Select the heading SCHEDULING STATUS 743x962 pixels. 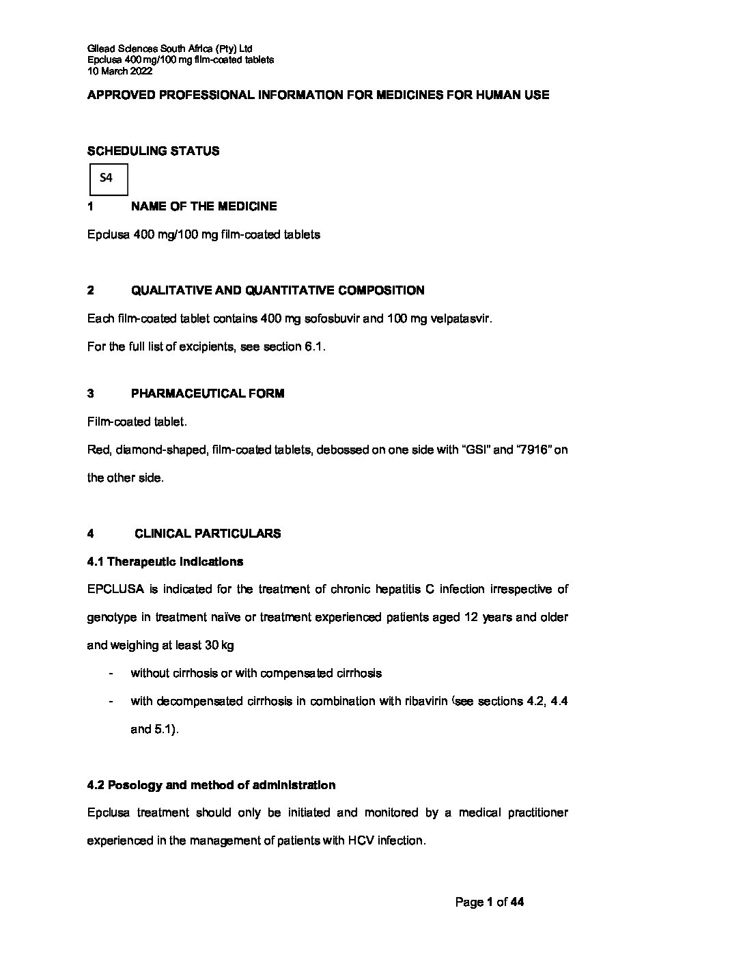tap(153, 151)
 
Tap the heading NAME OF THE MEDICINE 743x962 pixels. tap(204, 206)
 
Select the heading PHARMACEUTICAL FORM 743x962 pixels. tap(207, 394)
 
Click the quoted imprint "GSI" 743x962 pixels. tap(475, 450)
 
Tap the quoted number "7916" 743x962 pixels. tap(532, 450)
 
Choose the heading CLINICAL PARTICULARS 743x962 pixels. tap(207, 534)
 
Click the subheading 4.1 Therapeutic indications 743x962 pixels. tap(165, 562)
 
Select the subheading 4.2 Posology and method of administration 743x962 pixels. tap(211, 785)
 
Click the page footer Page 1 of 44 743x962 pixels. tap(489, 903)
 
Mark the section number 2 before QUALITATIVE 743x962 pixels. tap(91, 290)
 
